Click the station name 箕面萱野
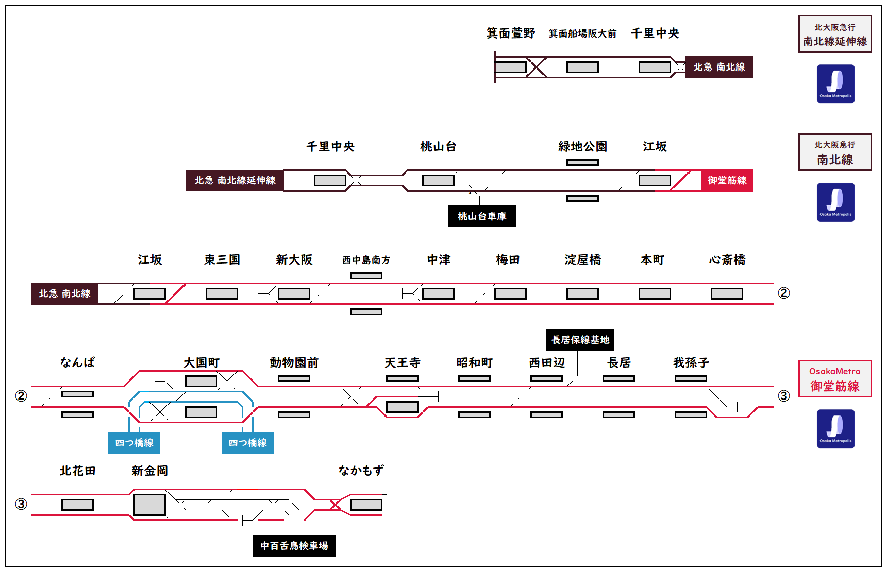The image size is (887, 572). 511,33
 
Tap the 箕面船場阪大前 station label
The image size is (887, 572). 582,34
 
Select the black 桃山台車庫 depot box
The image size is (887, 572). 482,216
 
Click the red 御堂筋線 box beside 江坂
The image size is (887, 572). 727,180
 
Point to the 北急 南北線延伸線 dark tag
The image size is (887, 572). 235,180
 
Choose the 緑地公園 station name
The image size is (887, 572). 582,147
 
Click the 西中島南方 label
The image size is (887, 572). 366,261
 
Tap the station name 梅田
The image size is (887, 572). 508,260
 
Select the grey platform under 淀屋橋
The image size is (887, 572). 582,293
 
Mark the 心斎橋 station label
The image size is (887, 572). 727,260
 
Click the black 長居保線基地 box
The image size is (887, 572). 580,340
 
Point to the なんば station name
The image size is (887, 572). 77,362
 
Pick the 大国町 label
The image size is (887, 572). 202,363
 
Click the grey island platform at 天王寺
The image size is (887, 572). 402,407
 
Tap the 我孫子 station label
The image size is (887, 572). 691,363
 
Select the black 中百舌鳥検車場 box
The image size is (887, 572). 294,546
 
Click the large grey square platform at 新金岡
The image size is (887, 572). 149,505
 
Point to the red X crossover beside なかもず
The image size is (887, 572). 336,505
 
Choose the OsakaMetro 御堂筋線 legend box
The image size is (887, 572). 835,379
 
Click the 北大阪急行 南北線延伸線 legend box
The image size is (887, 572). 835,34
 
